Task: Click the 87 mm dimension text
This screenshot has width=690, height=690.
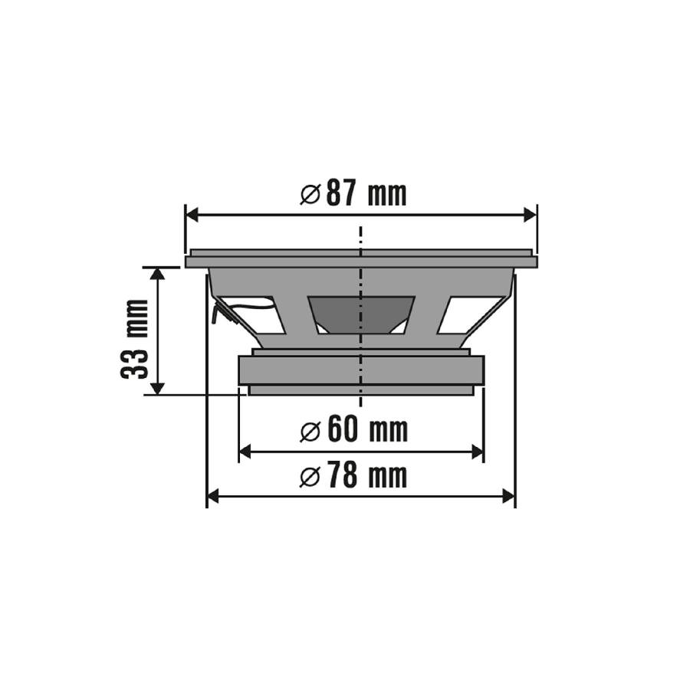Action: (x=366, y=195)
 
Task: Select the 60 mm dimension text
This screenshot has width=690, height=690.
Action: (x=366, y=431)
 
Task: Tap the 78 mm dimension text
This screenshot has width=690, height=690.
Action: (x=366, y=477)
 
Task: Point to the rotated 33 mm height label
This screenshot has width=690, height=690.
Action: (x=135, y=338)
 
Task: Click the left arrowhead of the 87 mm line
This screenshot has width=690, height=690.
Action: (x=192, y=215)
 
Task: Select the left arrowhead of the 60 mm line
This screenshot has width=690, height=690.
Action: (x=246, y=452)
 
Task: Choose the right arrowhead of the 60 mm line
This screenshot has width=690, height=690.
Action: (x=477, y=452)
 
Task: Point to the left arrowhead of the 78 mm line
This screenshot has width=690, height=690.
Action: (x=214, y=497)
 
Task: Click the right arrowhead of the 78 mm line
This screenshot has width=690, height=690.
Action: (x=508, y=497)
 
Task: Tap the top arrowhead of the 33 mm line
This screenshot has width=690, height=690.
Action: (x=157, y=274)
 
